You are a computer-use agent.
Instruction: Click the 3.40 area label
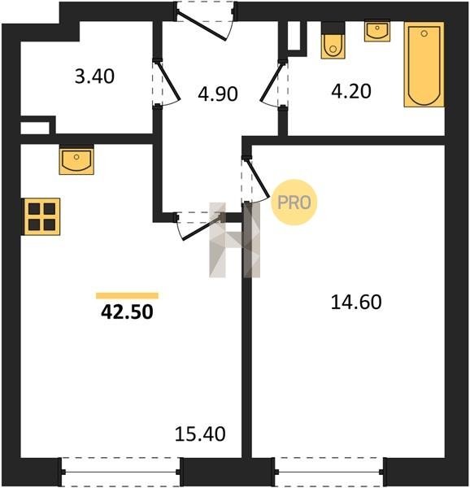click(94, 76)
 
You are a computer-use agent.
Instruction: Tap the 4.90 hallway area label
click(218, 94)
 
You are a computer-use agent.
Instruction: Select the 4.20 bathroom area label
click(351, 91)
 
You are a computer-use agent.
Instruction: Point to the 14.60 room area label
click(356, 303)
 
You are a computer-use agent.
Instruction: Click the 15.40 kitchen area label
click(200, 434)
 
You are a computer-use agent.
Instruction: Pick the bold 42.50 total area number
click(127, 312)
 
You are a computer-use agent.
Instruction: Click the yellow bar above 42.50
click(127, 296)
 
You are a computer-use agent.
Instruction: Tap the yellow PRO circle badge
click(294, 203)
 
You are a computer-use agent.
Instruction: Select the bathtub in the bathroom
click(424, 64)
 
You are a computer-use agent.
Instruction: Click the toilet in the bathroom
click(333, 41)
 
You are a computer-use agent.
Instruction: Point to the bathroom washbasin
click(377, 31)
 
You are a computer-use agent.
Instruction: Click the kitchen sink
click(76, 159)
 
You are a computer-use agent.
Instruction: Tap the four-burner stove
click(41, 216)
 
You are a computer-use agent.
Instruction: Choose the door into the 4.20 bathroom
click(272, 84)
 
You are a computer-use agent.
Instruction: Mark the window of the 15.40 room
click(120, 472)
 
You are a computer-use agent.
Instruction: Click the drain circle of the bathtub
click(424, 33)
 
